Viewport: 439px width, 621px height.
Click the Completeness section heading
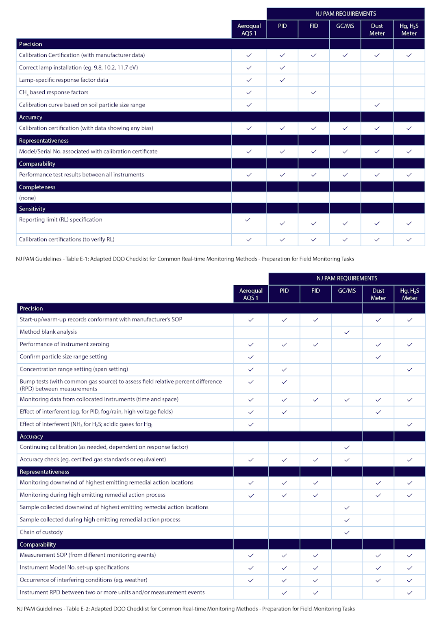37,187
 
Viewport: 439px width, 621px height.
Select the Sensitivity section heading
32,208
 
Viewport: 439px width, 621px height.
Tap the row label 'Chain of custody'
41,532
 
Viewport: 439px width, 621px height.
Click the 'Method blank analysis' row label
48,332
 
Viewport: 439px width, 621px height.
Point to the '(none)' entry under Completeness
27,198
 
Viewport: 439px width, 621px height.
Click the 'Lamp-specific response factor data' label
63,80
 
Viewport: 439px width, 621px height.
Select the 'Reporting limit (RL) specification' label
61,219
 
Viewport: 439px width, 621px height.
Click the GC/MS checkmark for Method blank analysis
347,332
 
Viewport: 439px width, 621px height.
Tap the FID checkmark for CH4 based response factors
313,92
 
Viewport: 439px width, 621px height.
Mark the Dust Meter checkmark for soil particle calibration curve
377,105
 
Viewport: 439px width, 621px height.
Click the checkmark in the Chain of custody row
347,532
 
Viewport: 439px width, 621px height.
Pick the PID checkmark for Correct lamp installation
282,67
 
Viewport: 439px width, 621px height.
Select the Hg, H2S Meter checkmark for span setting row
409,369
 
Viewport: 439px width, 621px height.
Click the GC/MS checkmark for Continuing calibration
347,447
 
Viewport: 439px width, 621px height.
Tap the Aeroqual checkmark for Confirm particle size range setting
251,357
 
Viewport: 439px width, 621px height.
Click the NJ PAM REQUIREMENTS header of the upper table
346,14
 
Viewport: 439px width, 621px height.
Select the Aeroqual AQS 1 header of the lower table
251,294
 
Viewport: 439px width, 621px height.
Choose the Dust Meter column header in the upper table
377,29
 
